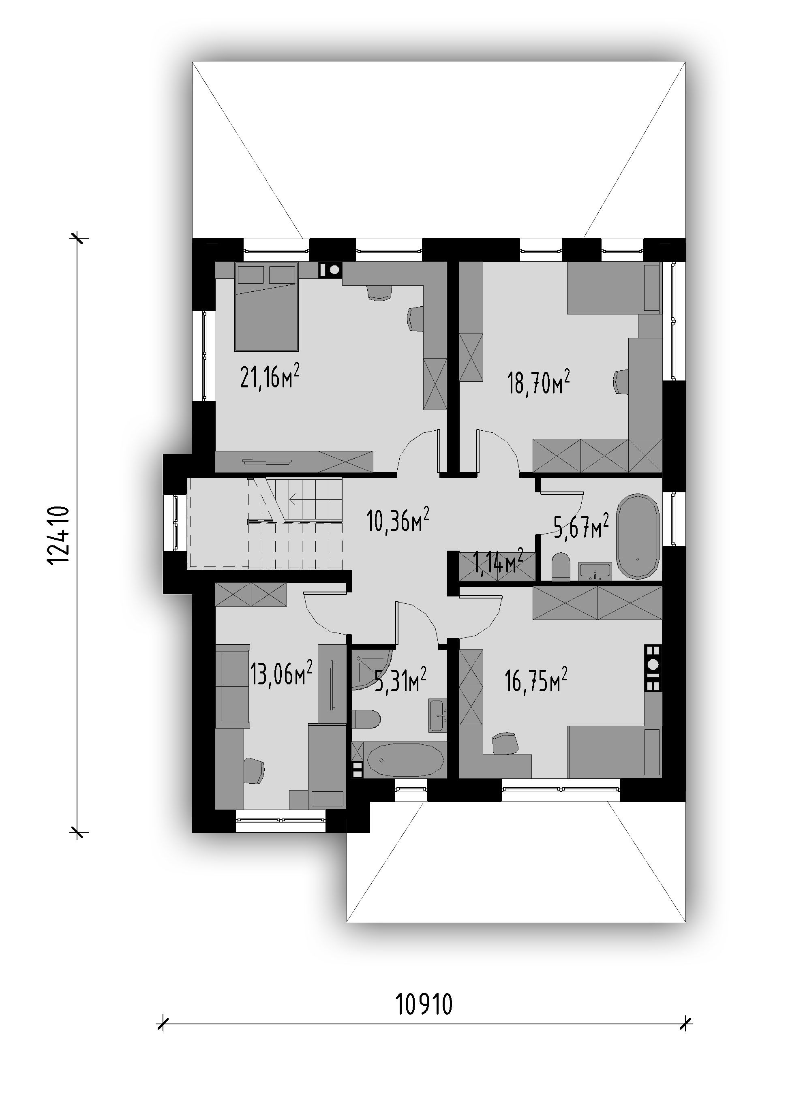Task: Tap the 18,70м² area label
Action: coord(538,382)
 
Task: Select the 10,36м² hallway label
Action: coord(397,520)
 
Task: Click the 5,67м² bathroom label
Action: coord(581,525)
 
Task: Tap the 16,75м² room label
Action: coord(536,680)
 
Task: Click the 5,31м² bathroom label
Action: coord(400,680)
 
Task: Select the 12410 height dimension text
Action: coord(59,534)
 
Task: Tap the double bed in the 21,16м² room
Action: coord(266,306)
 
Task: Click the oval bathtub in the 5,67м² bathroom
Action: coord(638,536)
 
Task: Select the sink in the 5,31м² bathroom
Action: coord(437,715)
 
